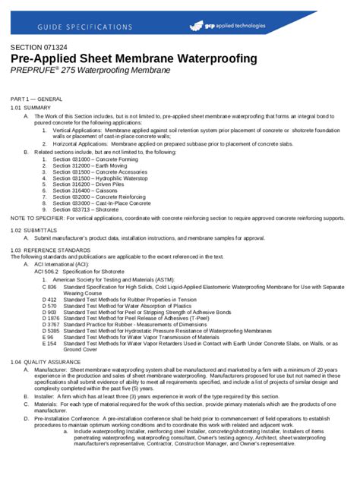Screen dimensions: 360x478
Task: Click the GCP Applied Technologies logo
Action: click(227, 26)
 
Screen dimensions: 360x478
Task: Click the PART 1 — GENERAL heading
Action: click(36, 99)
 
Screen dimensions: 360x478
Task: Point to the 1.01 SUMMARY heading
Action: click(31, 108)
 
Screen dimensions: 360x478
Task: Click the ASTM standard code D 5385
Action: click(50, 332)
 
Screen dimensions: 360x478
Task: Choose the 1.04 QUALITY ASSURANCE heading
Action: click(44, 363)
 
